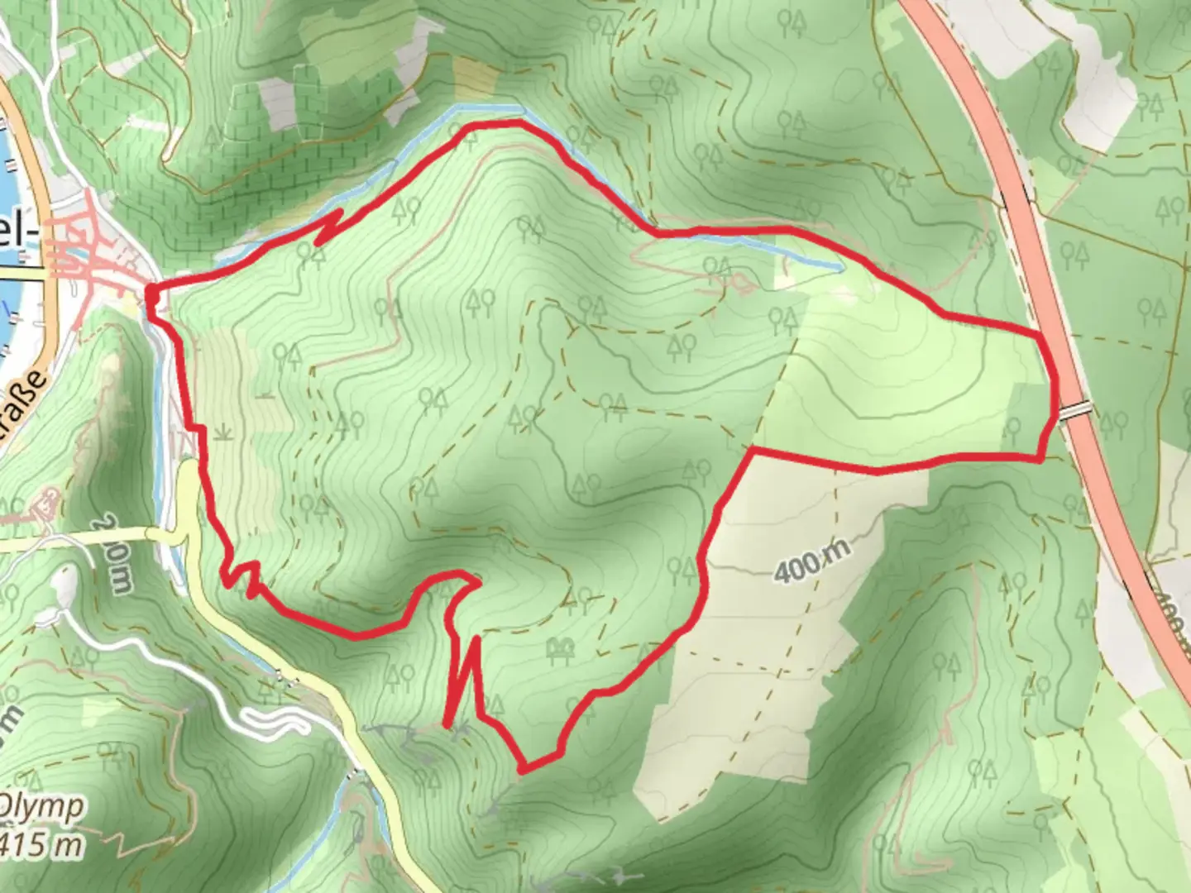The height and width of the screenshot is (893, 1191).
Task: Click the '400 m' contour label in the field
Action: coord(813,562)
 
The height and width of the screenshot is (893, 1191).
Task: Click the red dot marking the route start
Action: coord(152,293)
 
